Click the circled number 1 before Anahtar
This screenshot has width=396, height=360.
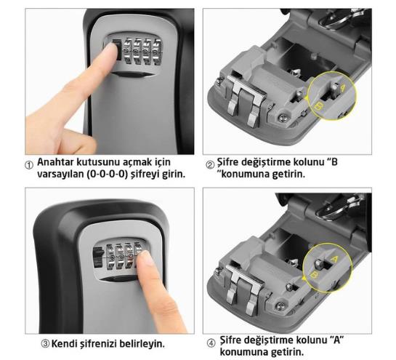click(x=29, y=165)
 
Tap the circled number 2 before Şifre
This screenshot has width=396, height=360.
click(x=210, y=165)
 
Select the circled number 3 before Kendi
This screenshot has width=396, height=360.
click(x=45, y=344)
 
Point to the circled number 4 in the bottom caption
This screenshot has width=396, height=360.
click(x=211, y=343)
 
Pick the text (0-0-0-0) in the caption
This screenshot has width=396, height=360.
click(x=108, y=175)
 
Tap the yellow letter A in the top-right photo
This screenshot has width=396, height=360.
click(x=342, y=88)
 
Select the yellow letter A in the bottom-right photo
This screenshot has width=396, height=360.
click(x=334, y=260)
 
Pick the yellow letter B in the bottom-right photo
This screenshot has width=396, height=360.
click(x=314, y=276)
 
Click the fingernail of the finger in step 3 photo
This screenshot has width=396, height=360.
click(x=145, y=258)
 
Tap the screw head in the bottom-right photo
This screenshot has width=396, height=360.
click(x=280, y=307)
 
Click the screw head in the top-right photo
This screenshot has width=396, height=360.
click(x=283, y=117)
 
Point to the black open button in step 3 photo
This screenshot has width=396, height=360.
click(x=99, y=257)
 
